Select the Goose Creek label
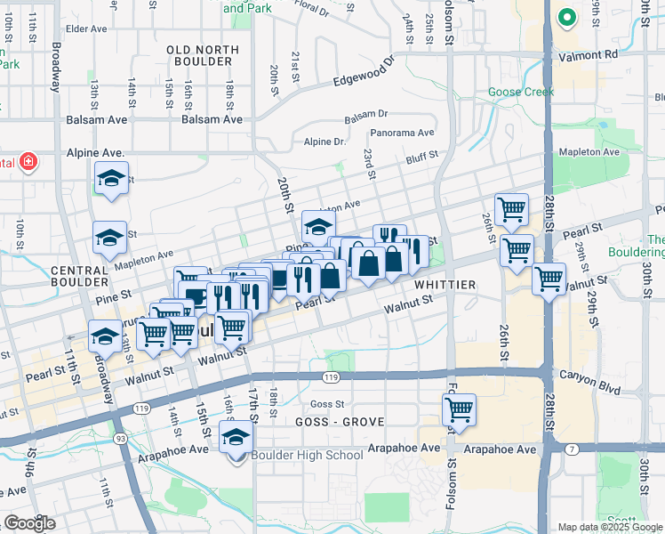[520, 92]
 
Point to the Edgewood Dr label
[364, 73]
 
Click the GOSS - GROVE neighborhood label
[328, 422]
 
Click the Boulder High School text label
[307, 456]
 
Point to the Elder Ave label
[86, 28]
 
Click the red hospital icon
[28, 162]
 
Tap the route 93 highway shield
[119, 439]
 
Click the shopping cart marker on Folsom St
[459, 410]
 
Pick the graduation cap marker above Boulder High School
[236, 437]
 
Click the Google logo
[30, 523]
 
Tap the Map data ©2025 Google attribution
[610, 527]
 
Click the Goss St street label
[326, 403]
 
